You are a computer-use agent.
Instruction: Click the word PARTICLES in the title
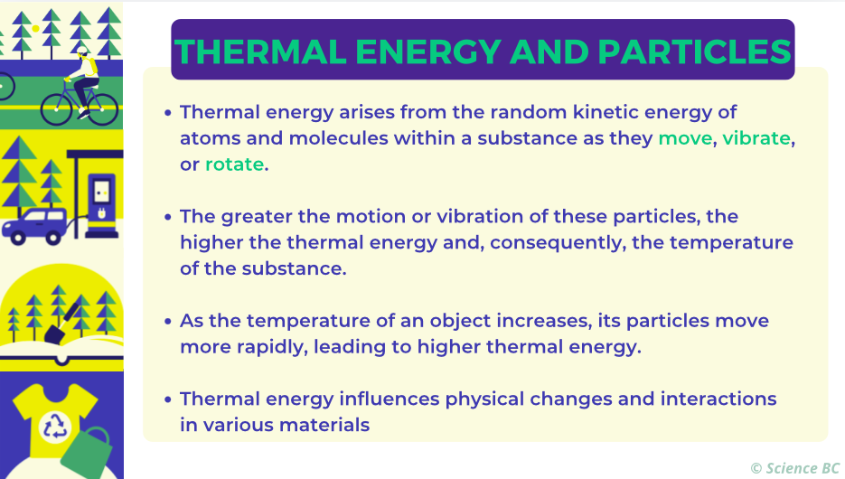695,52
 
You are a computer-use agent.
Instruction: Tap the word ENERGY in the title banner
428,52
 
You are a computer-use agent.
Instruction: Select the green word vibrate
756,138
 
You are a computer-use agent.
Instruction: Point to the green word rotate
234,164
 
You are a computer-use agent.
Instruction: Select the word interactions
718,399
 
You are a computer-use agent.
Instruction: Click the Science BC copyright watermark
795,468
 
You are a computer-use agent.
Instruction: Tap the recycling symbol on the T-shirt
55,426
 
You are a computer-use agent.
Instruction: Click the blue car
35,226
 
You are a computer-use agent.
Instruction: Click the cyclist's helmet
81,51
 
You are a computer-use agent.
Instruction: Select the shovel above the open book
60,324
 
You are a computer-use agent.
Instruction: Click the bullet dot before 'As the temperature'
167,322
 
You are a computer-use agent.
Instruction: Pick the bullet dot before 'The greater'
167,217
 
